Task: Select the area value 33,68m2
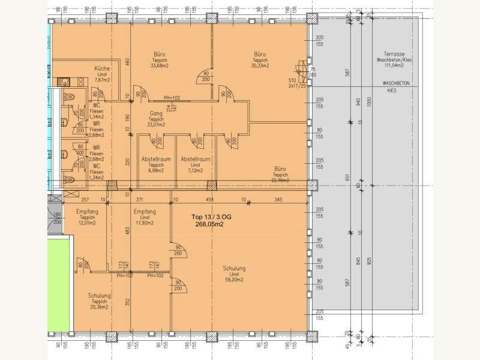tap(159, 66)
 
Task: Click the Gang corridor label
tap(156, 113)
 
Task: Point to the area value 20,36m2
tap(98, 307)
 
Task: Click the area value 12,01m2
tap(87, 223)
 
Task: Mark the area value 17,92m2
tap(146, 223)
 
